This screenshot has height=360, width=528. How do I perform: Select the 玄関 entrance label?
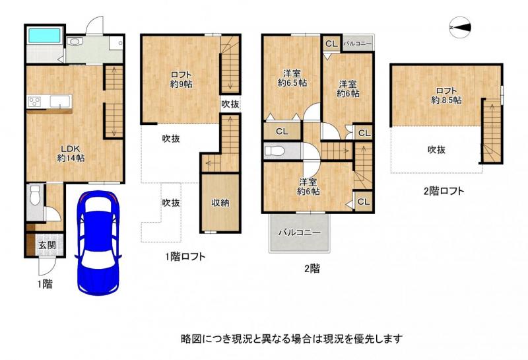pyautogui.click(x=46, y=246)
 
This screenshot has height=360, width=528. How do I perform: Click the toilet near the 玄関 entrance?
pyautogui.click(x=36, y=196)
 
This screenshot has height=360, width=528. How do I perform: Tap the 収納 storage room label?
pyautogui.click(x=220, y=203)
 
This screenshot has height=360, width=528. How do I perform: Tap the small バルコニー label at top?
pyautogui.click(x=358, y=43)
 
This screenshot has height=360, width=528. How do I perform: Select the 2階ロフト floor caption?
pyautogui.click(x=444, y=192)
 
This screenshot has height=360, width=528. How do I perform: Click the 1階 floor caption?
pyautogui.click(x=44, y=284)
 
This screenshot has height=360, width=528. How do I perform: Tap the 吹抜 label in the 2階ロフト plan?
pyautogui.click(x=436, y=149)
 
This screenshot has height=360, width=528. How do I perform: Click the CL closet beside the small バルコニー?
pyautogui.click(x=331, y=43)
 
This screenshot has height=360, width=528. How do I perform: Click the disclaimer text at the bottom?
pyautogui.click(x=291, y=338)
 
